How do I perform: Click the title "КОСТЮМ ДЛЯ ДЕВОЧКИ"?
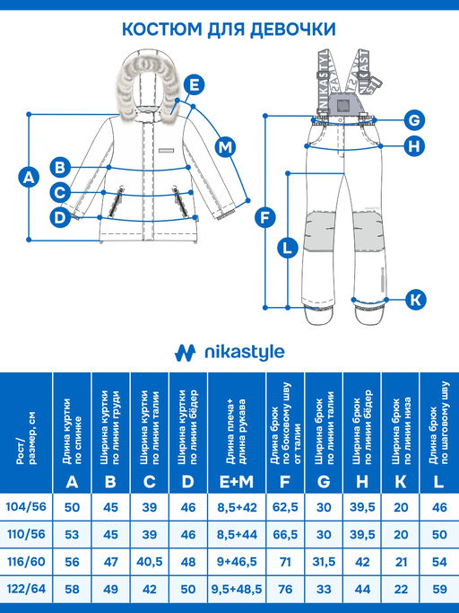tap(229, 31)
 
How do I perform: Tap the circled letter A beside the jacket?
tap(29, 177)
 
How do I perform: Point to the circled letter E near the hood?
tap(191, 86)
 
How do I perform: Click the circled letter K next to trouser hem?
tap(413, 299)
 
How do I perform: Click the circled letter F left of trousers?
tap(264, 216)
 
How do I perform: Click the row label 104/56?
tap(27, 508)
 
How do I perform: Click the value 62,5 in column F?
tap(284, 508)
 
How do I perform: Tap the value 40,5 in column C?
tap(149, 562)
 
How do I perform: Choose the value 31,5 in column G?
tap(324, 562)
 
